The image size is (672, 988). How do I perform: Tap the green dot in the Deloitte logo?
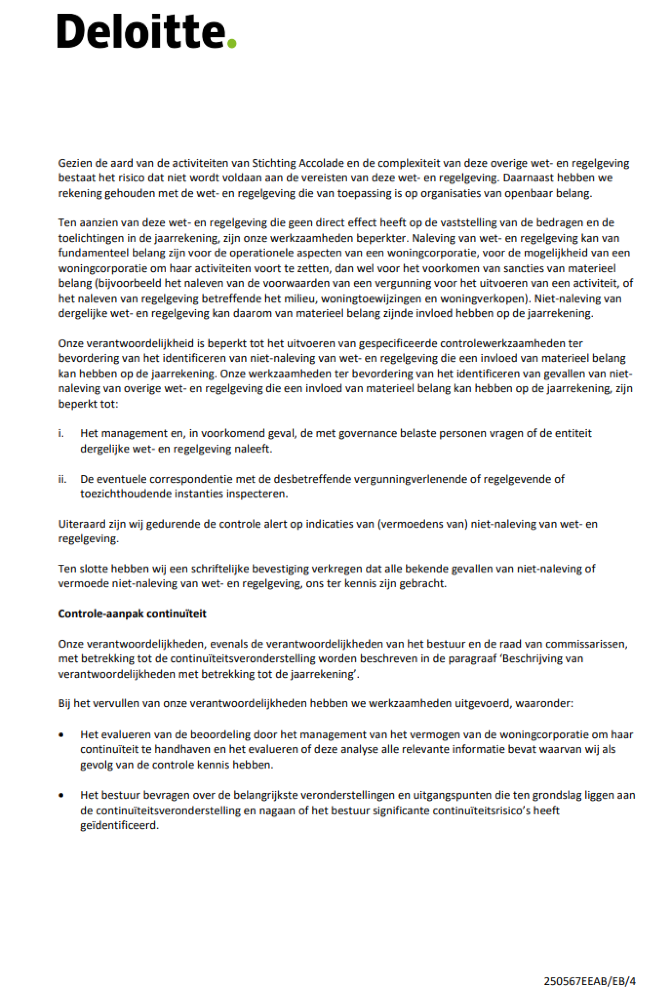232,43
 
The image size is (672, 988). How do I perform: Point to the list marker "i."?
61,433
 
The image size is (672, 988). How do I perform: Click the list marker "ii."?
63,479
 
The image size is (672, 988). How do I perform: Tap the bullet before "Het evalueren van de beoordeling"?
62,735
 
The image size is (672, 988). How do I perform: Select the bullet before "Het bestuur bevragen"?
62,795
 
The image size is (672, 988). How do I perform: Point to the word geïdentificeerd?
119,825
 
